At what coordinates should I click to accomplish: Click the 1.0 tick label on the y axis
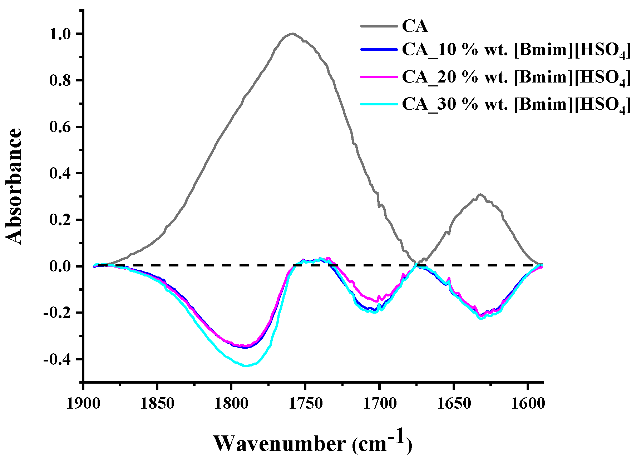61,34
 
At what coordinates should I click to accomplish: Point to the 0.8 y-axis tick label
61,80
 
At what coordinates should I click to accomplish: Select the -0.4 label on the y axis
58,359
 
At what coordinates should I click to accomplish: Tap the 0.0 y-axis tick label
61,266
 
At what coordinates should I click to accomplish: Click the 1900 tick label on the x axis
83,404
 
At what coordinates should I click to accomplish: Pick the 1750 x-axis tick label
305,404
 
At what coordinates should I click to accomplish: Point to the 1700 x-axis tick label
379,404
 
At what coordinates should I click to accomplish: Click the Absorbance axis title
14,186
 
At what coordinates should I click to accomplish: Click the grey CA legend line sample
379,26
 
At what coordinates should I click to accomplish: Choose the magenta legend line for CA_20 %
379,76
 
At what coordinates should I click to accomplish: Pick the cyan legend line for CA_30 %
379,104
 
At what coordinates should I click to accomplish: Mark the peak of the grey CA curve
292,34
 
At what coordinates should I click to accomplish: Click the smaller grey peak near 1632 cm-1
480,194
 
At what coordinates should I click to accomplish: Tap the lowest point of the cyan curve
246,366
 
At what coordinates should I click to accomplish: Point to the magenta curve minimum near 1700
378,301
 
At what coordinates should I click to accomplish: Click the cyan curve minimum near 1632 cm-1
480,318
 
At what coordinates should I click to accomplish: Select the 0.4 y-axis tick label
61,174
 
